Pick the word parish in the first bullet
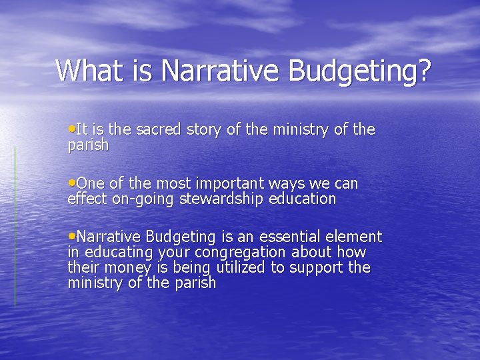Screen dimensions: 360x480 pos(88,145)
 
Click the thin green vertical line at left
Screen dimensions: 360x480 pos(15,227)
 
